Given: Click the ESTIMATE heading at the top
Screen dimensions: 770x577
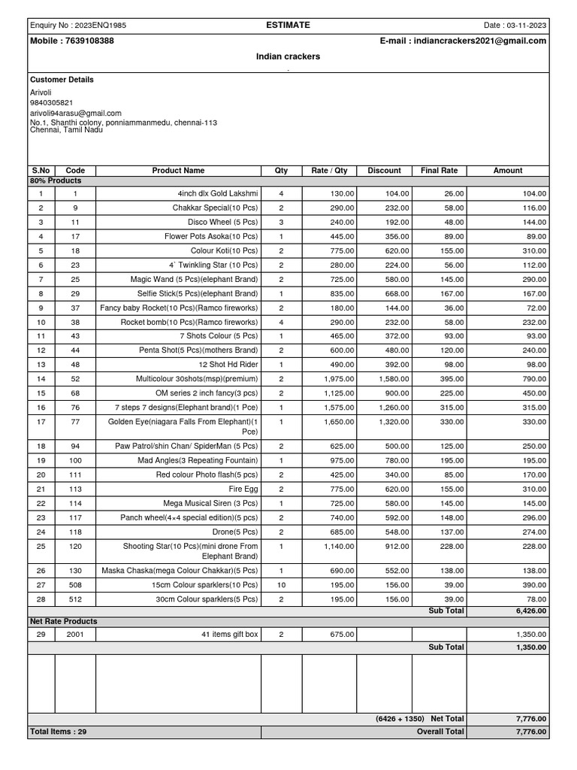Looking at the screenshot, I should [x=288, y=25].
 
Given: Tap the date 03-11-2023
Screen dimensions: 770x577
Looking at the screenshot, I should [x=526, y=26].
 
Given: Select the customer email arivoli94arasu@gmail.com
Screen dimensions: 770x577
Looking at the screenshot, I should [x=75, y=113].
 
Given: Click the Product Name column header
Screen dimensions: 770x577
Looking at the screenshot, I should [x=178, y=171].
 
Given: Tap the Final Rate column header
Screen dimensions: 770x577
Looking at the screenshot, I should [x=439, y=171].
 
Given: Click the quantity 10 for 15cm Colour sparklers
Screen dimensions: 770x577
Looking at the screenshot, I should [x=281, y=584].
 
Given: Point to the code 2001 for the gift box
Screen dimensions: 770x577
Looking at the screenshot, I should [x=75, y=635].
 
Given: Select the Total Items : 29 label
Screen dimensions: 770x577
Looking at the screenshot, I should [x=59, y=732].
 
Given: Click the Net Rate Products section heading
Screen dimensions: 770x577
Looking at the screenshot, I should [x=63, y=622].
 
